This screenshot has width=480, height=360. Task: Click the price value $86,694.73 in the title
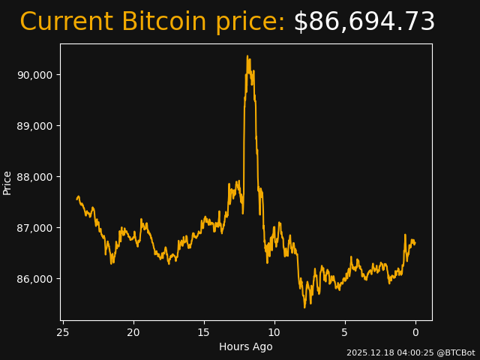[364, 22]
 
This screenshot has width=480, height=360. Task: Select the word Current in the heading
[66, 22]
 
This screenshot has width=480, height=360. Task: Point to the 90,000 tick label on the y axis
[35, 75]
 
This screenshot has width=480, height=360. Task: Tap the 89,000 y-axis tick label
[35, 126]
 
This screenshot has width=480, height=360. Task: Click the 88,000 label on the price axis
[35, 177]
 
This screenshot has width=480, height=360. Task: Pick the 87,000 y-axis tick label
[35, 228]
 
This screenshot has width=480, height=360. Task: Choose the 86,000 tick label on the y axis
[35, 279]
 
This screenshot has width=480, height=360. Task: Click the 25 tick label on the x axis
[63, 332]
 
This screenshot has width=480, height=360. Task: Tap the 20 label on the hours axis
[133, 332]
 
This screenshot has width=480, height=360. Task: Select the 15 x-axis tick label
[204, 332]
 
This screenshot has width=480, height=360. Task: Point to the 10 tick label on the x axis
[274, 332]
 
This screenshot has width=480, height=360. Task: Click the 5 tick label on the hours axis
[345, 332]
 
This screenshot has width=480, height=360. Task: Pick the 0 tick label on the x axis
[415, 332]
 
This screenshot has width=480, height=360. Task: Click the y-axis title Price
[7, 182]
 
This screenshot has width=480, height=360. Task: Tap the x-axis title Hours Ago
[246, 346]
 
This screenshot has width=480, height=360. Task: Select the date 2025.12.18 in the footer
[367, 352]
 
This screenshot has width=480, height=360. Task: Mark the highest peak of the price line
[247, 55]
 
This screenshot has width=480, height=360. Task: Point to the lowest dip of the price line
[304, 307]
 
